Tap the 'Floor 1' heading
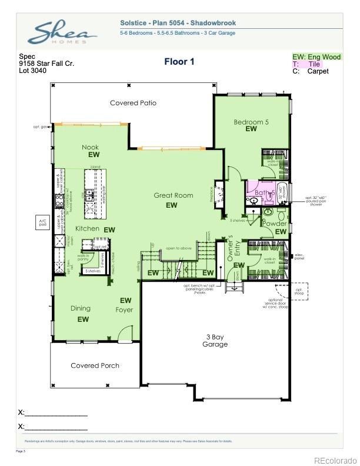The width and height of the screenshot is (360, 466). coord(179,61)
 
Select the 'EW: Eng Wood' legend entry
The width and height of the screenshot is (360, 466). coord(316,57)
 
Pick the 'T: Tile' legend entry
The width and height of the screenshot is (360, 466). coord(307,64)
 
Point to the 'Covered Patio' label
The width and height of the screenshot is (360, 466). coord(134,103)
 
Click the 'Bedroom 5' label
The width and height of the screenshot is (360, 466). coord(251,122)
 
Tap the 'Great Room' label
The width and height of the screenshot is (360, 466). coord(174,195)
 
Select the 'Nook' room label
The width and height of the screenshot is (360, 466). coord(90,147)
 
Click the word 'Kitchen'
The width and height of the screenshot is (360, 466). coord(86,228)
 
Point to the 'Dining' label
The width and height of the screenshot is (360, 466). coord(81,308)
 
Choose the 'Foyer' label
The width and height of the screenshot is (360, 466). coord(124,309)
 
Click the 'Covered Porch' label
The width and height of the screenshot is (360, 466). coord(95,365)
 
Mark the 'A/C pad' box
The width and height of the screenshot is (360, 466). coord(42,222)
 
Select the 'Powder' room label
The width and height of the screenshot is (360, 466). coord(274,224)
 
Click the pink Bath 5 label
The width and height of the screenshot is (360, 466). coord(265,192)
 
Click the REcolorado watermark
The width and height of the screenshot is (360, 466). coord(335,460)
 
